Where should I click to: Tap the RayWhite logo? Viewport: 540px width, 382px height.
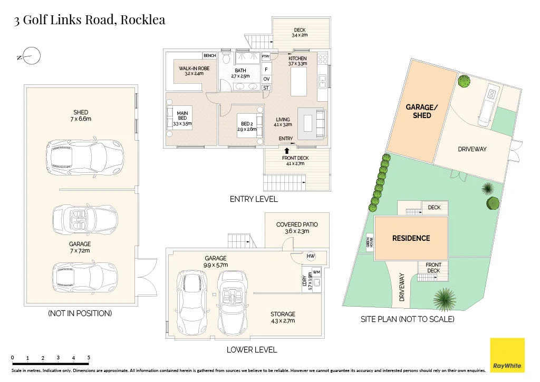[507, 355]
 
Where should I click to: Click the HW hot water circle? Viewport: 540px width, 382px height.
[311, 256]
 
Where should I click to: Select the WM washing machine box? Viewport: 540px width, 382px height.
[316, 272]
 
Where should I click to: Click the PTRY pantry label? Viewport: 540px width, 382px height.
[266, 56]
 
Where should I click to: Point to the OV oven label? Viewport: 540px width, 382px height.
[266, 79]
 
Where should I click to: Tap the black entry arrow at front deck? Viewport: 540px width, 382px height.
[286, 151]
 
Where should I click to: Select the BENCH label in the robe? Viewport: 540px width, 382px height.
[210, 55]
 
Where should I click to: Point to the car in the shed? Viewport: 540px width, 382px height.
[85, 158]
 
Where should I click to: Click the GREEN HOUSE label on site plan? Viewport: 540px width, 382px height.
[370, 242]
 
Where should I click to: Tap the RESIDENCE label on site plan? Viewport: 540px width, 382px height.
[411, 238]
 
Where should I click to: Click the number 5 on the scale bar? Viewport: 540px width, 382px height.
[89, 358]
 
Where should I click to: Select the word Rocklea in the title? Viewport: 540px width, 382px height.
[143, 20]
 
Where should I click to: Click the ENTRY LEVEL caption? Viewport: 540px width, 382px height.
[254, 199]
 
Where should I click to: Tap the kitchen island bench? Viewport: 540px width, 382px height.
[298, 82]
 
